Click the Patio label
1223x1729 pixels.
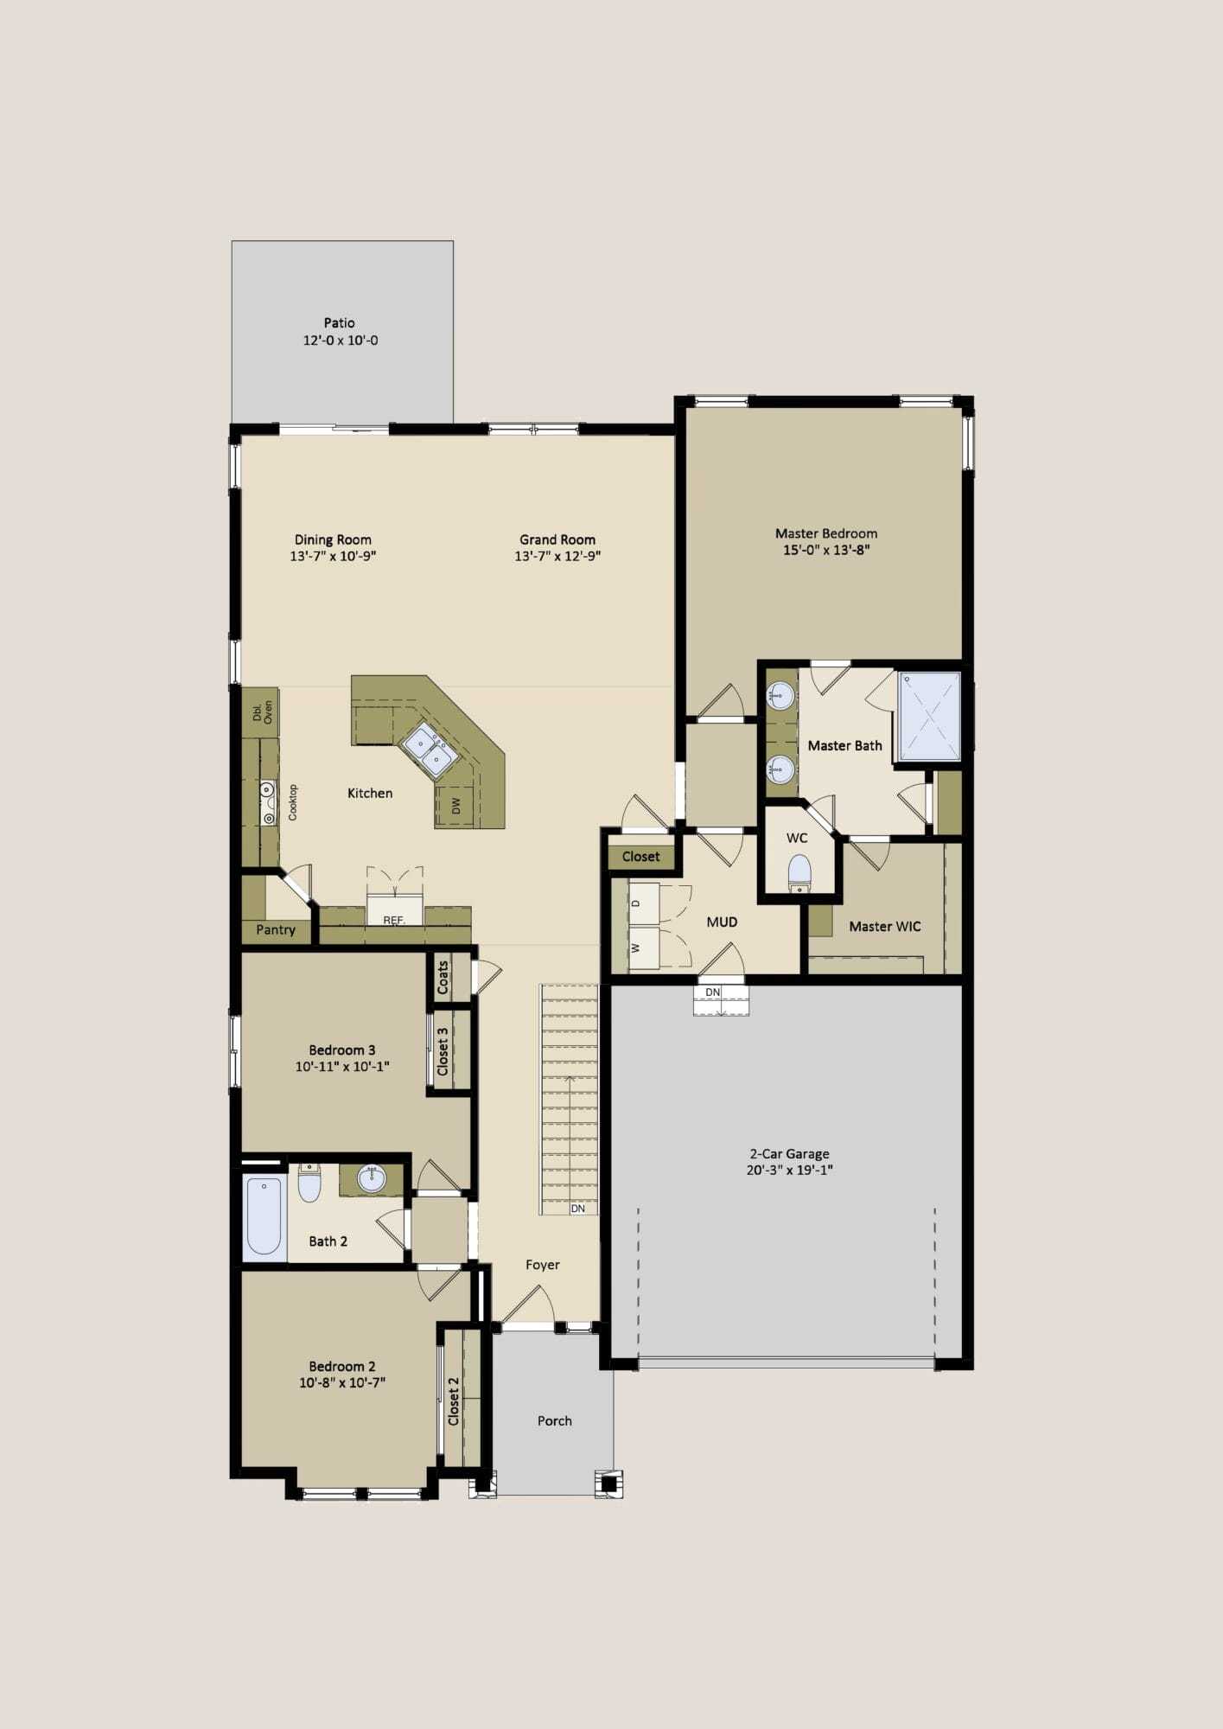[340, 322]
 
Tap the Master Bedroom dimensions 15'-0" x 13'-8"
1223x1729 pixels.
[826, 550]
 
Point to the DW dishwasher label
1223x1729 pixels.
[456, 805]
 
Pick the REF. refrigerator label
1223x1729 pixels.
[394, 921]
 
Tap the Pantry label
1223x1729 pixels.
[276, 930]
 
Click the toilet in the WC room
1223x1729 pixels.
[799, 872]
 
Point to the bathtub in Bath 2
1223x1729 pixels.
[264, 1215]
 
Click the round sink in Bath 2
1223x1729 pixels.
[372, 1179]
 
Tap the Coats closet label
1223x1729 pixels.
[443, 978]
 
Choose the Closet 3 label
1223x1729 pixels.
[443, 1051]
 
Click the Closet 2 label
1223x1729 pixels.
[454, 1401]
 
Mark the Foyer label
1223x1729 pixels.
[543, 1265]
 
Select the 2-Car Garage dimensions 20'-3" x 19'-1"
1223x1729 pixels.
[790, 1171]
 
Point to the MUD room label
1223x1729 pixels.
[722, 922]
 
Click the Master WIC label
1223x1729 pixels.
[885, 927]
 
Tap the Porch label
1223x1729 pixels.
[555, 1420]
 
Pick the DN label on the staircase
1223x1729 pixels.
[578, 1209]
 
